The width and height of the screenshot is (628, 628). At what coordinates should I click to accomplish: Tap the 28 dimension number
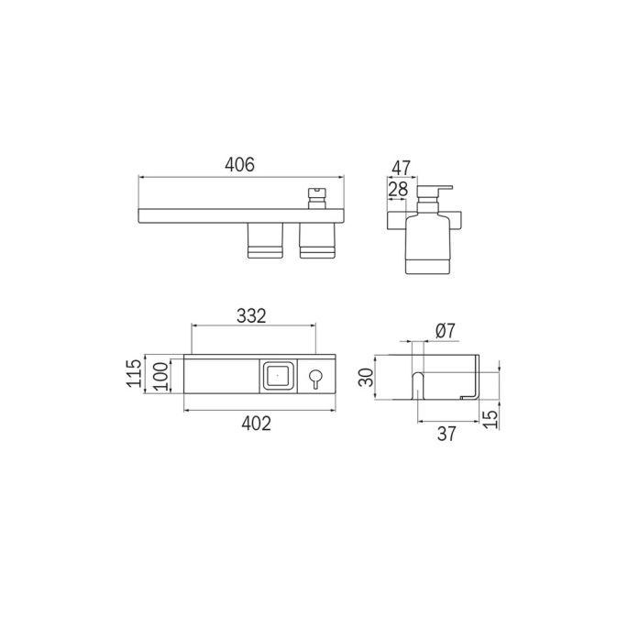[x=399, y=189]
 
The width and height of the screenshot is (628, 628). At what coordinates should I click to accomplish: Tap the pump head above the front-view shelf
[x=316, y=196]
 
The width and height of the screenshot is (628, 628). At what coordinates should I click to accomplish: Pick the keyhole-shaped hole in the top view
[x=315, y=378]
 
